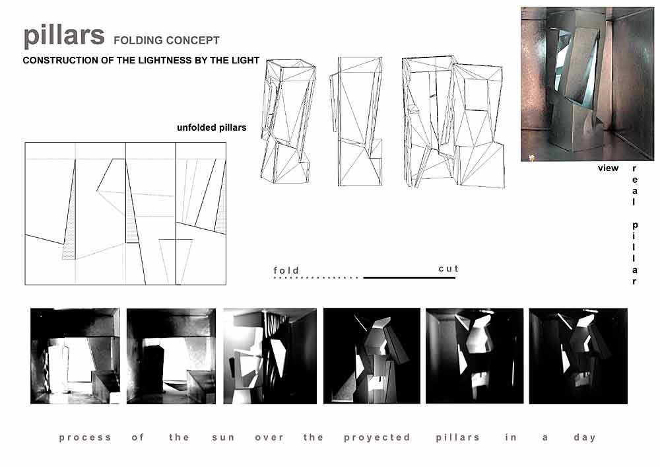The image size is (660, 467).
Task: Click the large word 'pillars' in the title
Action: pyautogui.click(x=64, y=36)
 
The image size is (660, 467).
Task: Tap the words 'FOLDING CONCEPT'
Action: pyautogui.click(x=167, y=40)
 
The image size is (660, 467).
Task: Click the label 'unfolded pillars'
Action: pyautogui.click(x=211, y=127)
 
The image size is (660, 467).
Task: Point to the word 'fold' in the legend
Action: pyautogui.click(x=286, y=270)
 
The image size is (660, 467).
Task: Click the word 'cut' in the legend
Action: pyautogui.click(x=448, y=269)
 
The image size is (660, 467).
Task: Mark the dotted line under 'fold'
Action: pyautogui.click(x=315, y=278)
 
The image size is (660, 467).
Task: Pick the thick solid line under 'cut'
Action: pyautogui.click(x=409, y=277)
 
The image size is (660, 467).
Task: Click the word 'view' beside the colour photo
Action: pyautogui.click(x=608, y=168)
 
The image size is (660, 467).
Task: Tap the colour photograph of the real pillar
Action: pyautogui.click(x=587, y=84)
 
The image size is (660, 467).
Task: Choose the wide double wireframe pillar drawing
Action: pyautogui.click(x=453, y=122)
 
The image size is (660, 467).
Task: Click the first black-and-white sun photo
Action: pyautogui.click(x=75, y=356)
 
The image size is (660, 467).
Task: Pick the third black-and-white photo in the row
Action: pyautogui.click(x=270, y=356)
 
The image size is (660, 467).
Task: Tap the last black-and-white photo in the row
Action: pyautogui.click(x=578, y=356)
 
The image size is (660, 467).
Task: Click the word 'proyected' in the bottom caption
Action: pyautogui.click(x=377, y=437)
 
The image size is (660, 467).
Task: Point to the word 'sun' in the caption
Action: pyautogui.click(x=223, y=437)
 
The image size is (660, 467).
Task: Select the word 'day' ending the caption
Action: pyautogui.click(x=585, y=438)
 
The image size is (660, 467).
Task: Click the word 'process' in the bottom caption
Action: pyautogui.click(x=85, y=438)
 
